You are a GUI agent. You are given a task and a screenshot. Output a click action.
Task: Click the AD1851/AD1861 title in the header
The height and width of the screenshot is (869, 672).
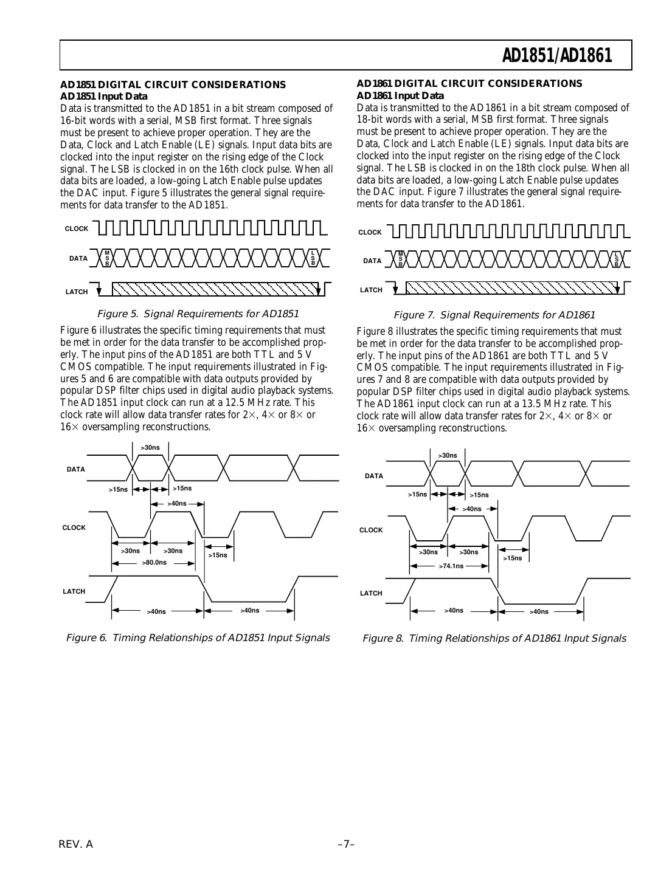pyautogui.click(x=556, y=56)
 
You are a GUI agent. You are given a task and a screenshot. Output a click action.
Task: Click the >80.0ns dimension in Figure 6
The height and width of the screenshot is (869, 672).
pyautogui.click(x=154, y=563)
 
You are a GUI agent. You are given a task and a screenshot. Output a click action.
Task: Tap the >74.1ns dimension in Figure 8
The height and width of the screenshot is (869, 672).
pyautogui.click(x=451, y=566)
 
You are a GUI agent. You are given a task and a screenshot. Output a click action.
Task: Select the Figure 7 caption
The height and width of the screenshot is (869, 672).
pyautogui.click(x=494, y=315)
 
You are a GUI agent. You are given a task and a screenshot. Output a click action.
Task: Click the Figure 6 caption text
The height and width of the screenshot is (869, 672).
pyautogui.click(x=197, y=637)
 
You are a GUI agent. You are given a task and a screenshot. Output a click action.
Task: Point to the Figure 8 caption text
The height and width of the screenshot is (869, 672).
pyautogui.click(x=494, y=638)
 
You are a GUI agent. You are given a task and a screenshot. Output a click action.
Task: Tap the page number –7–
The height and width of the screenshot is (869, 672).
pyautogui.click(x=346, y=844)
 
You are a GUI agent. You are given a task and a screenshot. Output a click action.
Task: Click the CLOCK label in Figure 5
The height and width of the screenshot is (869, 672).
pyautogui.click(x=77, y=229)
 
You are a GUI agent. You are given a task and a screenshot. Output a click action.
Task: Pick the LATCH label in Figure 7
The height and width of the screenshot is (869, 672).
pyautogui.click(x=371, y=290)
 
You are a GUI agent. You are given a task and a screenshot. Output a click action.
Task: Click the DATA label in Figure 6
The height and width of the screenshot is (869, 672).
pyautogui.click(x=76, y=469)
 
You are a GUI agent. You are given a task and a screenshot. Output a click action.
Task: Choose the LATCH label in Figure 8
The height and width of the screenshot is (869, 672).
pyautogui.click(x=371, y=593)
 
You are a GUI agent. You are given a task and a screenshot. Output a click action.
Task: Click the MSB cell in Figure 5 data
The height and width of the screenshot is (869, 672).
pyautogui.click(x=107, y=258)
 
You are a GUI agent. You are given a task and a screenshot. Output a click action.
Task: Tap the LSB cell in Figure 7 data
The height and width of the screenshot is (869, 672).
pyautogui.click(x=616, y=259)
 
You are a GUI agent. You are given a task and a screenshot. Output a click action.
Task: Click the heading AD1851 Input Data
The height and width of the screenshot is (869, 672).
pyautogui.click(x=103, y=96)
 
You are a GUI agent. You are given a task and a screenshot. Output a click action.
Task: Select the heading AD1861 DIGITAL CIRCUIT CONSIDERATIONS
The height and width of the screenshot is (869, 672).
pyautogui.click(x=469, y=83)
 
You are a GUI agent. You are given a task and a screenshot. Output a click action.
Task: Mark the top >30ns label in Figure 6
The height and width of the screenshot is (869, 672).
pyautogui.click(x=150, y=447)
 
